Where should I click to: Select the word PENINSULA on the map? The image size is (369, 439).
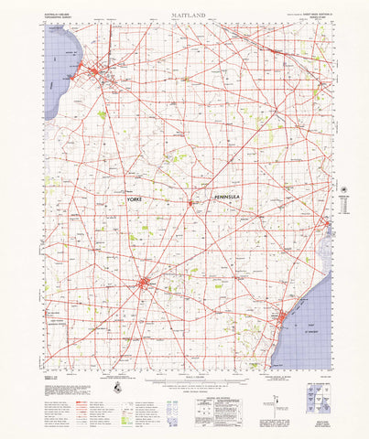tap(230, 198)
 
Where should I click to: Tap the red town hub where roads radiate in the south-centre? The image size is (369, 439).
tap(144, 284)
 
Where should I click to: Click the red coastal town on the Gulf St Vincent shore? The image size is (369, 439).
tap(283, 318)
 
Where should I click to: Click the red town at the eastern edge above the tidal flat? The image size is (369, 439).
tap(327, 223)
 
